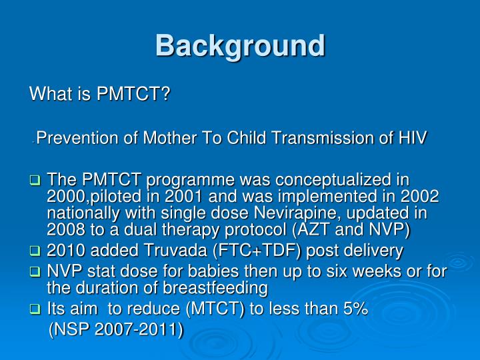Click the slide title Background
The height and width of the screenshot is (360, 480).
click(x=240, y=46)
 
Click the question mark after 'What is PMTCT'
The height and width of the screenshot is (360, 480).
click(x=166, y=94)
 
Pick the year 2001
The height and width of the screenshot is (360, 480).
click(x=181, y=197)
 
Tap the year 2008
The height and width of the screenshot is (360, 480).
click(x=67, y=229)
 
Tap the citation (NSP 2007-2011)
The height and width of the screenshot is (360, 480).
click(x=117, y=331)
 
